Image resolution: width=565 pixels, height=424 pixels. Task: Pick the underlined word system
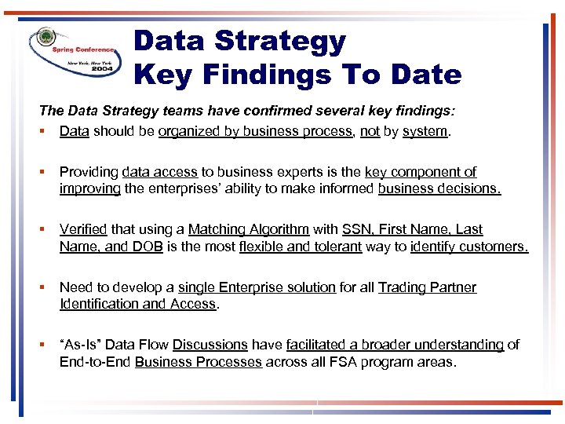click(x=425, y=131)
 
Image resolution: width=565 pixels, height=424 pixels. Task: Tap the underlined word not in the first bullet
click(x=370, y=131)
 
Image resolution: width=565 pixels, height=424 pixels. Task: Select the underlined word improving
click(x=89, y=188)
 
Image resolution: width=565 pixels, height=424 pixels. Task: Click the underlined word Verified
click(x=83, y=229)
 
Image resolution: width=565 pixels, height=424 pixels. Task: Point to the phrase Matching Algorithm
click(x=249, y=229)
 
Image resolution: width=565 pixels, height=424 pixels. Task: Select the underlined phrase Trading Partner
click(x=427, y=287)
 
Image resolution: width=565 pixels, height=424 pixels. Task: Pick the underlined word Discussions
click(x=210, y=345)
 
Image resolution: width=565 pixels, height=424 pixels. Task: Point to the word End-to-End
click(x=95, y=362)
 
